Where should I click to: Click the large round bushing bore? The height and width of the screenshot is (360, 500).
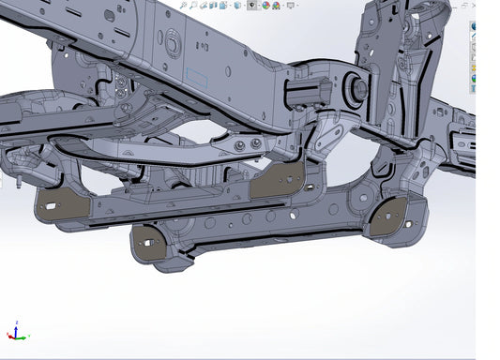click(x=356, y=89)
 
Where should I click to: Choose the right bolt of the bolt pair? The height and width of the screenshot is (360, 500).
click(x=256, y=144)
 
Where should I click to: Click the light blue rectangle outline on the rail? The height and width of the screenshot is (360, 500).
click(x=201, y=77)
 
